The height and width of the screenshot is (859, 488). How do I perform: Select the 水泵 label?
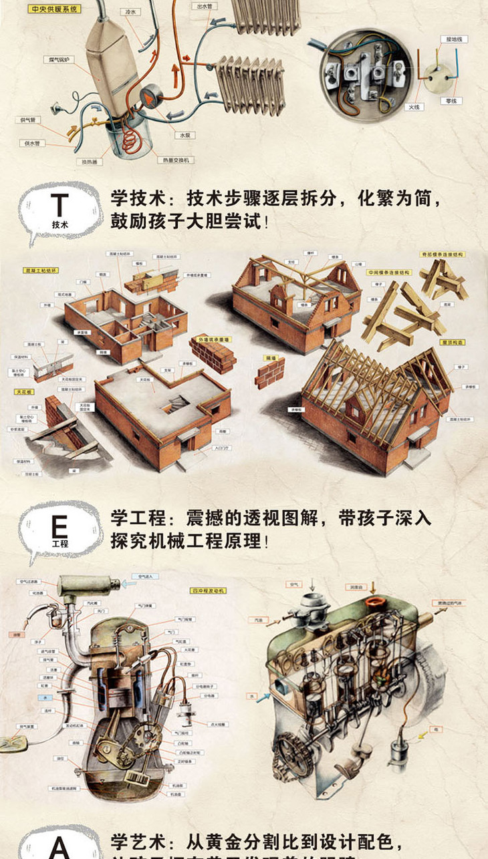pyautogui.click(x=182, y=134)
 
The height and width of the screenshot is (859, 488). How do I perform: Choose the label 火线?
pyautogui.click(x=414, y=107)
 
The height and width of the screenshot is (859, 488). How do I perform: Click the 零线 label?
pyautogui.click(x=452, y=101)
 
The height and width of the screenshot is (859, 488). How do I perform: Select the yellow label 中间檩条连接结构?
pyautogui.click(x=388, y=273)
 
